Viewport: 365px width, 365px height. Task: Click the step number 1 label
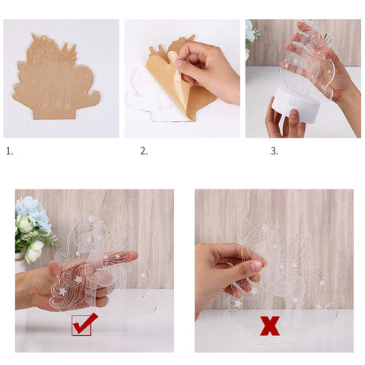[x=9, y=151]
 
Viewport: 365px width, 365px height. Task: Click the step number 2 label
[x=144, y=151]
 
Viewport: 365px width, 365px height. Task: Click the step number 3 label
[x=275, y=151]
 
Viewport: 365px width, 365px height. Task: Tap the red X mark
[x=270, y=325]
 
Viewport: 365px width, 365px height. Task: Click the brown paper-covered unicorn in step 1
[x=56, y=78]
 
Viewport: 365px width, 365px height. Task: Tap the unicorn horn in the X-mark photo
[x=252, y=224]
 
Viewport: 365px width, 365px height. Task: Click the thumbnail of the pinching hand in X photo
[x=255, y=265]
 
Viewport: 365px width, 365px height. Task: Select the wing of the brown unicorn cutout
[x=68, y=54]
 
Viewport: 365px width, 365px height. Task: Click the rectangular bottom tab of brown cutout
[x=55, y=112]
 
